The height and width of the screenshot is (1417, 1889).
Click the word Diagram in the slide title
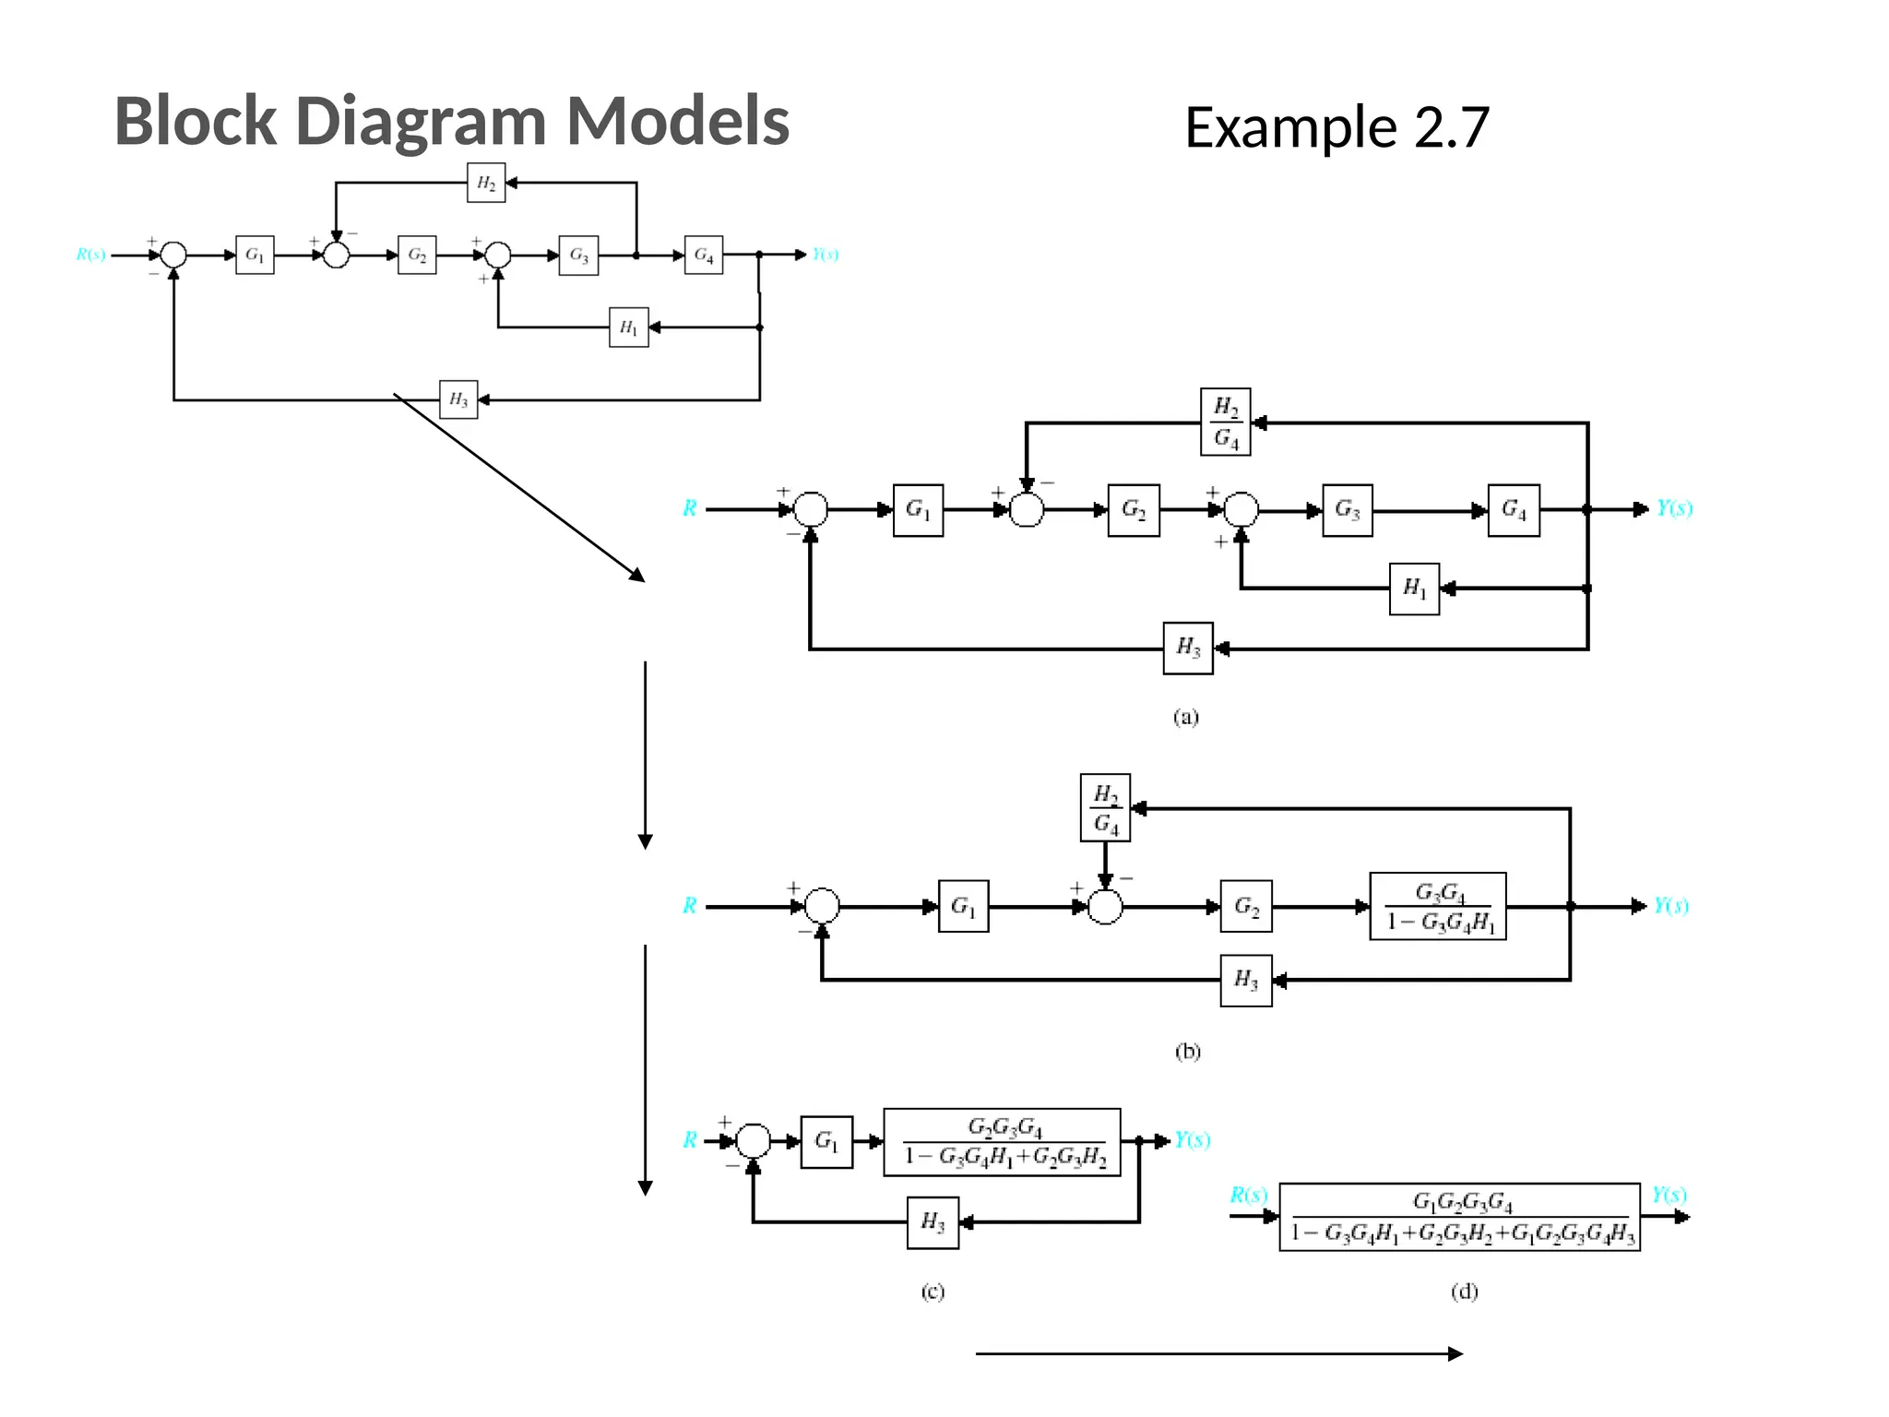coord(422,122)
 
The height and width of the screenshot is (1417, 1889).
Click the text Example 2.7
coord(1336,127)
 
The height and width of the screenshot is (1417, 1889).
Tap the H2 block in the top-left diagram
coord(486,183)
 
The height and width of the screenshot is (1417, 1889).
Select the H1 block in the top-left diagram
coord(629,327)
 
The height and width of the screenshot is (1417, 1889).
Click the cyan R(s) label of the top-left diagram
coord(90,255)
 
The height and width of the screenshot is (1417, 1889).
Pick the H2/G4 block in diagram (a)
coord(1226,423)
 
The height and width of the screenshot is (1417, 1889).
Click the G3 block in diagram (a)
coord(1348,510)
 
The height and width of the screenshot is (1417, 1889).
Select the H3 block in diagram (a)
coord(1188,649)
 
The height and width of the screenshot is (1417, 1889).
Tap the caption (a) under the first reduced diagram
coord(1186,717)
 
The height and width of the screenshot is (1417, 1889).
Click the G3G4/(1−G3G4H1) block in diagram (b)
coord(1438,907)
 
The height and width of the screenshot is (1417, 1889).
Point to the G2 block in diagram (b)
coord(1246,907)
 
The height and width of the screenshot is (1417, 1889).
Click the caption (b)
coord(1187,1052)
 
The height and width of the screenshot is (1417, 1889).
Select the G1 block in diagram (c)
coord(826,1142)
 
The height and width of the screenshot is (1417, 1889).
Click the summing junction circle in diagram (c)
coord(754,1141)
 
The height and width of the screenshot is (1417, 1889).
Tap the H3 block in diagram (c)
coord(933,1223)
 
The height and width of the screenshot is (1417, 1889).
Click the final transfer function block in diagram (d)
coord(1459,1218)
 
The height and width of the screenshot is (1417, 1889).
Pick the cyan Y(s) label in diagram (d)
coord(1669,1196)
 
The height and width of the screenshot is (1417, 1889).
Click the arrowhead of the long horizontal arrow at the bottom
coord(1455,1354)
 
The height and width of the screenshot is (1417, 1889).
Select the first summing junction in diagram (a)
coord(811,509)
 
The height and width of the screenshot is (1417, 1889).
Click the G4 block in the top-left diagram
coord(704,256)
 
